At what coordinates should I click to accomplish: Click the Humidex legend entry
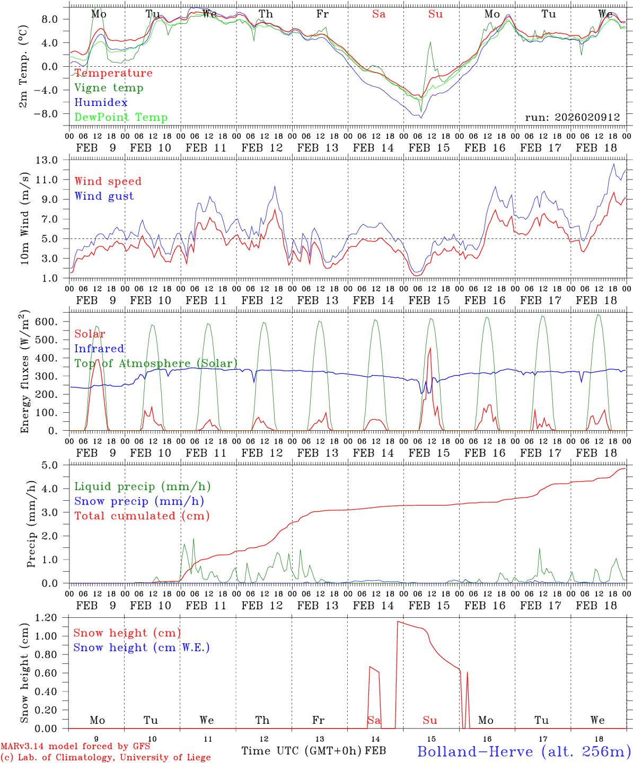pos(101,103)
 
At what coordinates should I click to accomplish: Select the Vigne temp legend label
pos(109,88)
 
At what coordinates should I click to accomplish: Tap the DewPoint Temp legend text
pos(121,118)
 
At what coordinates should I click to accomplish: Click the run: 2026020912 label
pos(572,118)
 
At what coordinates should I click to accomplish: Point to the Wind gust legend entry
pos(104,196)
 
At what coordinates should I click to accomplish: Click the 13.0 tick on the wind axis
pos(53,160)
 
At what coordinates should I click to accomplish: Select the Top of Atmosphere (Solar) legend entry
pos(156,363)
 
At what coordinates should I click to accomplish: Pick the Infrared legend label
pos(99,349)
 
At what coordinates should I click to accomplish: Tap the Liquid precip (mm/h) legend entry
pos(143,486)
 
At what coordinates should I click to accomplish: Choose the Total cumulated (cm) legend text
pos(142,516)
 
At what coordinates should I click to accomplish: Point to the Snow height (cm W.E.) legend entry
pos(142,647)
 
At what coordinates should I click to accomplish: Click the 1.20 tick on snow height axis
pos(50,618)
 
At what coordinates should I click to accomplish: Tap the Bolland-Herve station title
pos(523,751)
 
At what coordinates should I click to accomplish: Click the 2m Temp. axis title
pos(23,66)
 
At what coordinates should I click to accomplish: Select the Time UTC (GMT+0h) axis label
pos(302,751)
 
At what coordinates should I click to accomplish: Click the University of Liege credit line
pos(105,758)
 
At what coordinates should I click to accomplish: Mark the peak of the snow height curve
pos(398,622)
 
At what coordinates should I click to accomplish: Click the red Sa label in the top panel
pos(379,14)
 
